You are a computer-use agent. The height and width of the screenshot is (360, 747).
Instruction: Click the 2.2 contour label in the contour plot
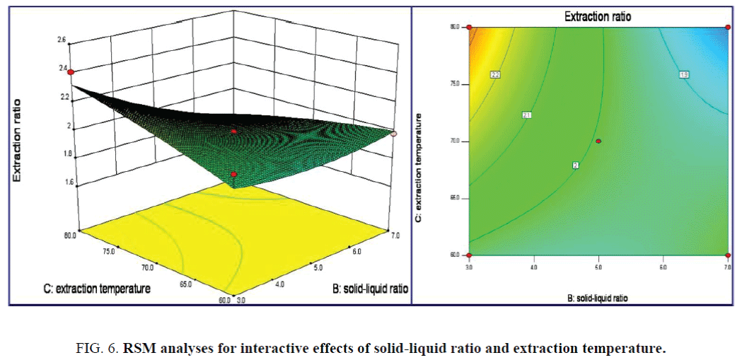tap(495, 74)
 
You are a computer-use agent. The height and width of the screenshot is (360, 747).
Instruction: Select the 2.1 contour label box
tap(527, 115)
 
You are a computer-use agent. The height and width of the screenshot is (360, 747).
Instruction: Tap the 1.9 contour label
tap(684, 74)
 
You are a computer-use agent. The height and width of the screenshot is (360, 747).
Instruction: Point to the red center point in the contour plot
tap(598, 141)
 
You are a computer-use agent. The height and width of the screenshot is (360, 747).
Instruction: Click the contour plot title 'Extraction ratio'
tap(597, 16)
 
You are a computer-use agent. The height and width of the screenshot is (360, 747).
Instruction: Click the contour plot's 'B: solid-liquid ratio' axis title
tap(597, 299)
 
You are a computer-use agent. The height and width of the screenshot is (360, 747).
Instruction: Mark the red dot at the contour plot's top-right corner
tap(727, 28)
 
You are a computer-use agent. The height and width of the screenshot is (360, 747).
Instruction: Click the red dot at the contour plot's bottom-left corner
tap(468, 255)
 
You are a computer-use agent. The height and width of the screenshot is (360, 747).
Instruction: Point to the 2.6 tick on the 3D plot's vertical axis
tap(62, 40)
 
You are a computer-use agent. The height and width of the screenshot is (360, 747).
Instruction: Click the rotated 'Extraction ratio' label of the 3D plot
tap(14, 141)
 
